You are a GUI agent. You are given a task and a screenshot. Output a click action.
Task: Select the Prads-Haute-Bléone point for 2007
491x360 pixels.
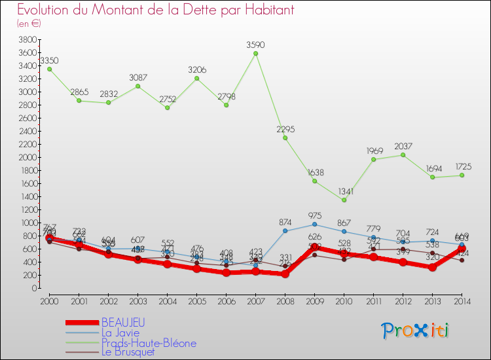coord(255,54)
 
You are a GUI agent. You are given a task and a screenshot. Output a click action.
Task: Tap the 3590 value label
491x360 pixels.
coord(255,45)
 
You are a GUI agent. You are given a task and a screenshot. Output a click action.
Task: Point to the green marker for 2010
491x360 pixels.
coord(344,200)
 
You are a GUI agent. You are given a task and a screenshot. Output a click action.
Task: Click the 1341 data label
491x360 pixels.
coord(344,191)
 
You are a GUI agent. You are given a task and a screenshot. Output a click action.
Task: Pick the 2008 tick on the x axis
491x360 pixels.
coord(285,300)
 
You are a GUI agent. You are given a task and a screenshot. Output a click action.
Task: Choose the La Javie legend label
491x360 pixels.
coord(120,333)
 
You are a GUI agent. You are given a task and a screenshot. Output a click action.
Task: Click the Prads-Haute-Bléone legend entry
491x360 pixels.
coord(148,342)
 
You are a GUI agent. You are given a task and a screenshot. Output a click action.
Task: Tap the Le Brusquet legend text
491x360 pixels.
coord(129,352)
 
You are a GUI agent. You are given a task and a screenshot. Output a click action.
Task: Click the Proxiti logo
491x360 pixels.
coord(416,331)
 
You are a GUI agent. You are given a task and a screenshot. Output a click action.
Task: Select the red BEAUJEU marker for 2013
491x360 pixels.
coord(432,267)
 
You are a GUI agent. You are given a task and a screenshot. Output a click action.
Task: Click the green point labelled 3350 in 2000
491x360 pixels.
coord(49,69)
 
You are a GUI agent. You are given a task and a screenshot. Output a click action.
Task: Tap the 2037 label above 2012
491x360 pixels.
coord(403,145)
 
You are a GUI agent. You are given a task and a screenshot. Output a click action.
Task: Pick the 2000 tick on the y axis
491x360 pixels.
coord(27,157)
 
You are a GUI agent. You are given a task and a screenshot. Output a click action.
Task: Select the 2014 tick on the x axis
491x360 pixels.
coord(462,300)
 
